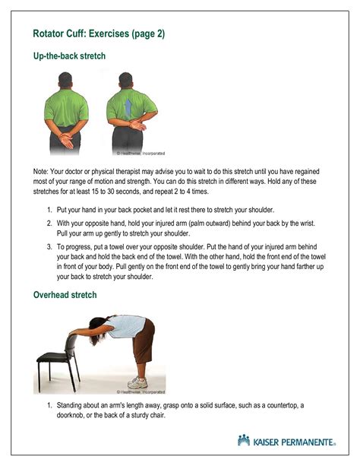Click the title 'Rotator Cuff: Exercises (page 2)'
[x=99, y=33]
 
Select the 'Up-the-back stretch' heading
[x=69, y=56]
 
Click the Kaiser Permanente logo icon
[x=243, y=440]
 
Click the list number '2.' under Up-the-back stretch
[x=49, y=223]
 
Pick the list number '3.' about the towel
[x=49, y=247]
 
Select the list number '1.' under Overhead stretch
[x=49, y=405]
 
